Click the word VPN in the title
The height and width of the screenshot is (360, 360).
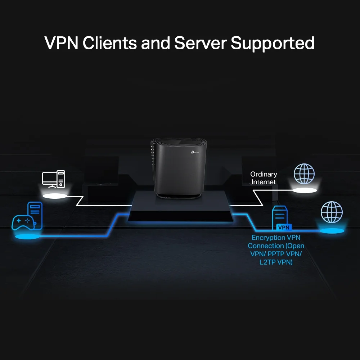61,43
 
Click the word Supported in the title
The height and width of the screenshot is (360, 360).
273,43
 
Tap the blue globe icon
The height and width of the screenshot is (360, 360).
332,212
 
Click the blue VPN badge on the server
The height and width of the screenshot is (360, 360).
284,228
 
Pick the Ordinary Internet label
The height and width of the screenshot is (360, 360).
264,178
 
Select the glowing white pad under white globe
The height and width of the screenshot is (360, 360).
305,190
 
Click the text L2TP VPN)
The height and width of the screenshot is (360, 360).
276,262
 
